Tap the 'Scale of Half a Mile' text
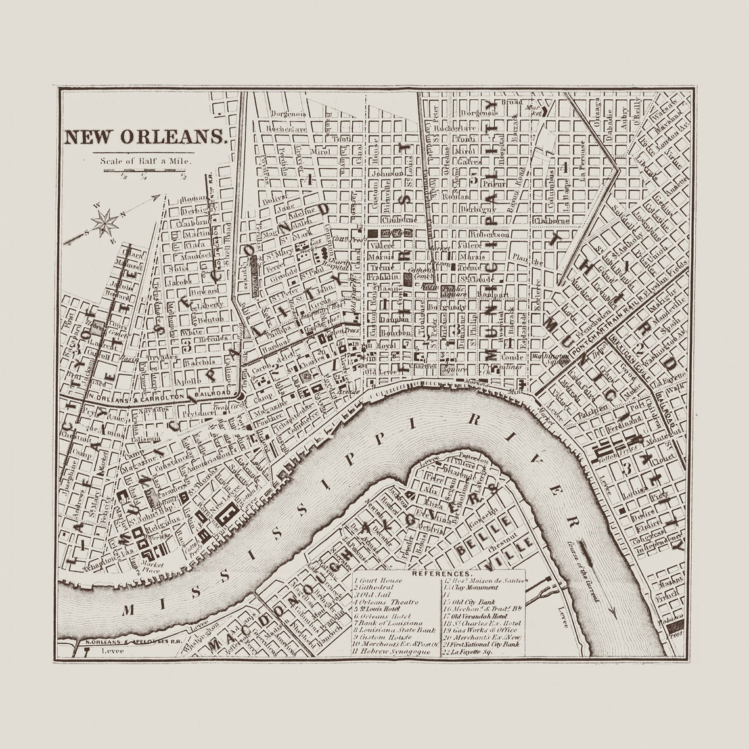click(x=145, y=160)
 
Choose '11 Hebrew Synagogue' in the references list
click(x=392, y=651)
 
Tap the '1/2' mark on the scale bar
click(x=183, y=175)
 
